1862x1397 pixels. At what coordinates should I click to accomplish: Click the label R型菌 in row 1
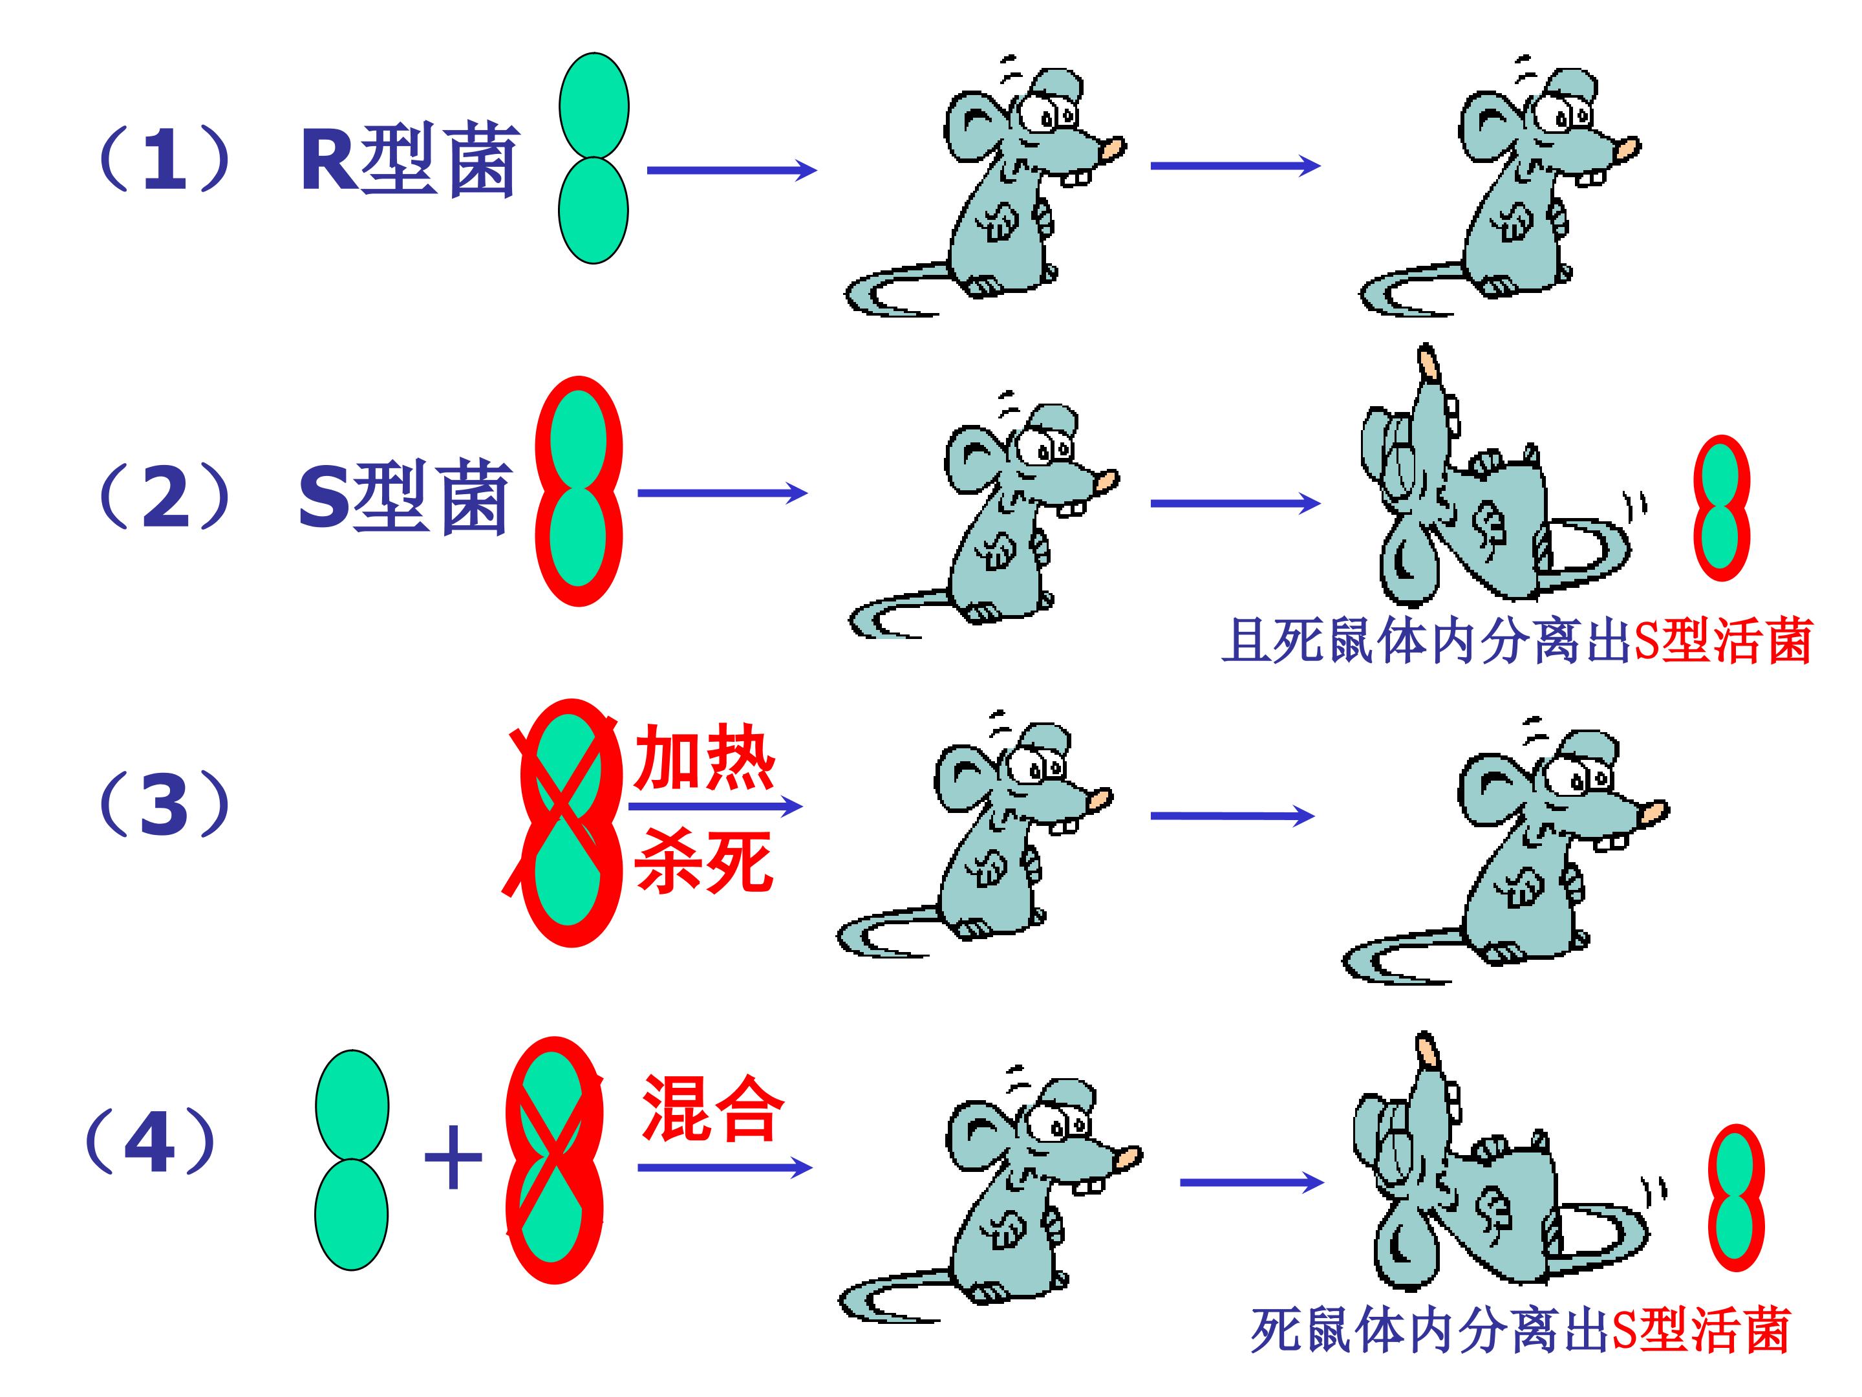pos(410,160)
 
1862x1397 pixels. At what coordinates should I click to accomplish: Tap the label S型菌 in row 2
pos(405,497)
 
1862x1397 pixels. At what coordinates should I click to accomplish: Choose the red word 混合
pos(712,1108)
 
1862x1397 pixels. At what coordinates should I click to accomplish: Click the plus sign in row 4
pos(453,1158)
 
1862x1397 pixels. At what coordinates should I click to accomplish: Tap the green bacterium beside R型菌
pos(594,158)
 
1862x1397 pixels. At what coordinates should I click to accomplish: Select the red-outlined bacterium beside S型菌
pos(579,491)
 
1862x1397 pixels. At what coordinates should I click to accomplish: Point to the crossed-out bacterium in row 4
pos(555,1160)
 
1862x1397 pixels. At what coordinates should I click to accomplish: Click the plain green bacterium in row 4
pos(352,1160)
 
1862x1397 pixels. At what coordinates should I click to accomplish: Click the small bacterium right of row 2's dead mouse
pos(1722,508)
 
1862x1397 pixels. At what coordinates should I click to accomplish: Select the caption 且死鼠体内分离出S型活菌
pos(1517,642)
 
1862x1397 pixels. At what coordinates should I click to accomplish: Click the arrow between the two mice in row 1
pos(1236,166)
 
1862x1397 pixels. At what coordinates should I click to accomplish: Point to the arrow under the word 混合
pos(725,1168)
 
